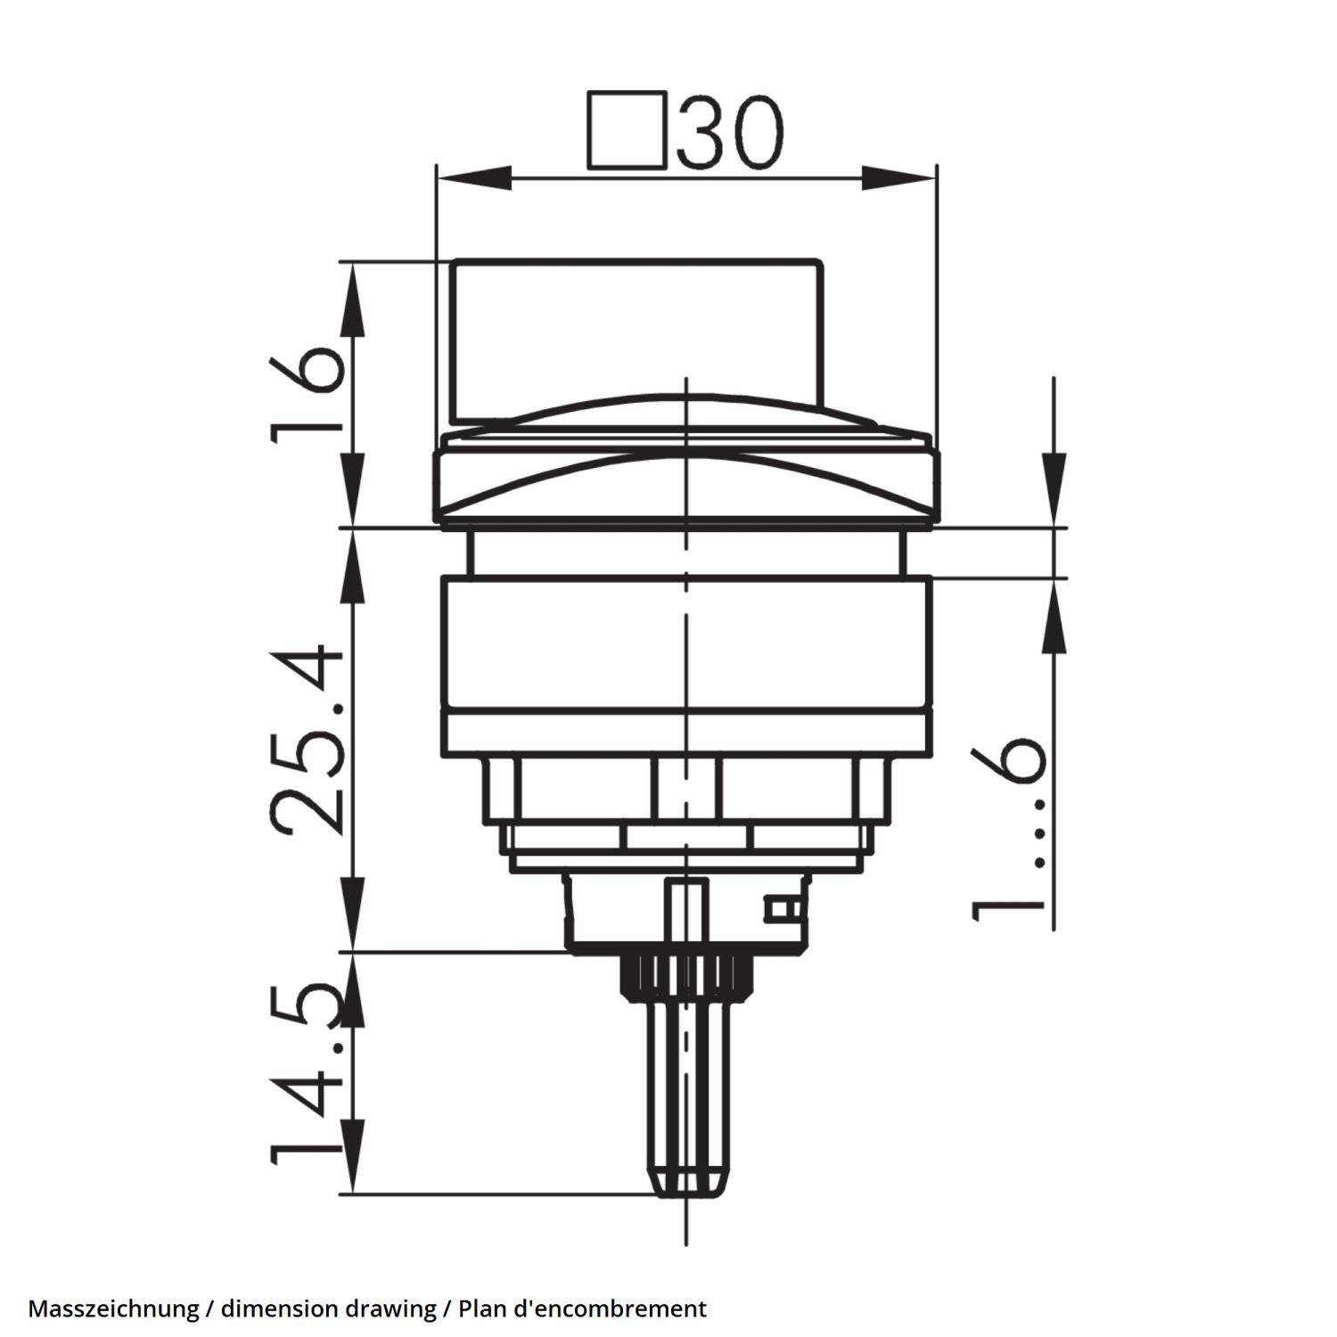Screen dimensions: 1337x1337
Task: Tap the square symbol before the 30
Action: coord(627,130)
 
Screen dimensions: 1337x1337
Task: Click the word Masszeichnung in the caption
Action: coord(113,1308)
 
